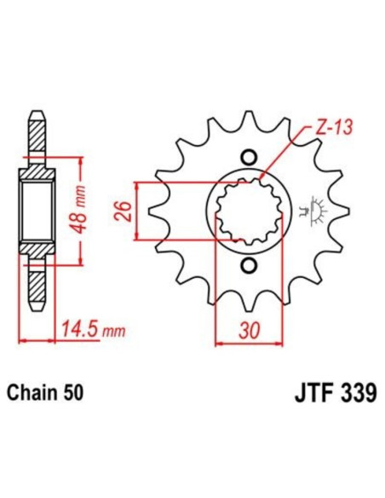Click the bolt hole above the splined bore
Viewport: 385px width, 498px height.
(x=249, y=157)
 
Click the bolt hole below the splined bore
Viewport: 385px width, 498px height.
(x=249, y=267)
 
